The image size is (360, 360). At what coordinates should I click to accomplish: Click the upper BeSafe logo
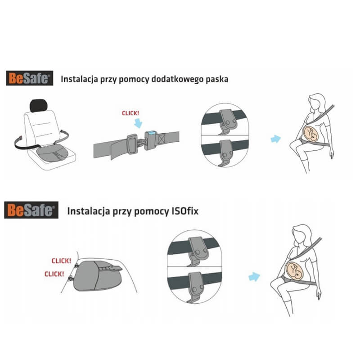coord(29,78)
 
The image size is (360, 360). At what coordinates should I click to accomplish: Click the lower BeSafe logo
coord(31,210)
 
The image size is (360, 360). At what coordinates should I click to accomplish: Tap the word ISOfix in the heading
coord(185,211)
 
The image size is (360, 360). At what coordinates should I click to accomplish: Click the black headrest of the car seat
coord(39,106)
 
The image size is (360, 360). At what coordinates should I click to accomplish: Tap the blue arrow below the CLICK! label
coord(138,123)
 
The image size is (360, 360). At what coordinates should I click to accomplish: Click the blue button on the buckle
coord(152,132)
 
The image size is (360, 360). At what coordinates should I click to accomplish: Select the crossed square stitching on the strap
coord(162,139)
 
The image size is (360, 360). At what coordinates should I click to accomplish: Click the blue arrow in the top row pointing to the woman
coord(276,139)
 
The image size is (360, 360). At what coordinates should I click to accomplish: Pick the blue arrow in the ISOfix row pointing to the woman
coord(254,277)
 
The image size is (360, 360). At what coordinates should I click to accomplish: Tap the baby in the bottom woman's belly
coord(295,271)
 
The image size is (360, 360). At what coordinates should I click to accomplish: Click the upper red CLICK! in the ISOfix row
coord(61,261)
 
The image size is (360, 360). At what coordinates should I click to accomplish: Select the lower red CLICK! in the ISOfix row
coord(54,274)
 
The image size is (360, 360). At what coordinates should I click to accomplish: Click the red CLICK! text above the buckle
coord(130,113)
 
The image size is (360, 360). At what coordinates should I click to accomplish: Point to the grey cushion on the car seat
coord(52,153)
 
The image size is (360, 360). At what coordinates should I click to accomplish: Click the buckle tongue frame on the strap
coord(132,144)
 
